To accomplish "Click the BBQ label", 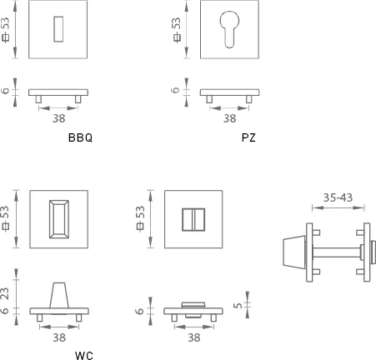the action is pos(80,137).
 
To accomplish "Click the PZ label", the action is pos(248,137).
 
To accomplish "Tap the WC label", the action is pos(84,356).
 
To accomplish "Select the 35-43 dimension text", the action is pos(338,197).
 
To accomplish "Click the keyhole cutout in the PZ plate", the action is pos(229,29).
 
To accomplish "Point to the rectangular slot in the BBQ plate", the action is pos(58,29).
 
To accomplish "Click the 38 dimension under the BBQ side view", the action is pos(59,118).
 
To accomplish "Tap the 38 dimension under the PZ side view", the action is pos(229,118).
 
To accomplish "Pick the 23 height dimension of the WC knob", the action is pos(5,293).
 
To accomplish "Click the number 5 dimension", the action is pos(238,305).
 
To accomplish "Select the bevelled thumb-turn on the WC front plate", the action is pos(59,219).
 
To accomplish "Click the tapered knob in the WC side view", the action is pos(59,295).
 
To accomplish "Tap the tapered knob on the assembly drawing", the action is pos(294,252).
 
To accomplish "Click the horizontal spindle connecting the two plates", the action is pos(337,252).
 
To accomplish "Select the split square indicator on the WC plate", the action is pos(193,220).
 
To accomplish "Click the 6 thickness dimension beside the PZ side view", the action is pos(175,90).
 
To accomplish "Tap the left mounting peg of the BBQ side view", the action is pos(38,99).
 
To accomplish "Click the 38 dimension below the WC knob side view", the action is pos(59,337).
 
